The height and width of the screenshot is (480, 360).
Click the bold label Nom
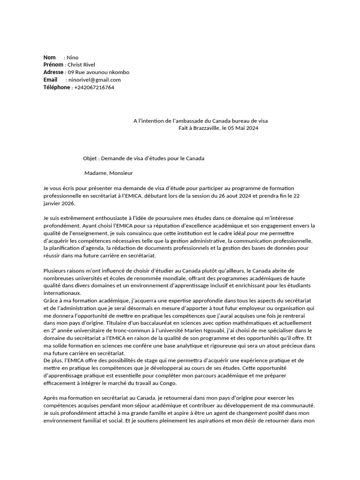(x=49, y=57)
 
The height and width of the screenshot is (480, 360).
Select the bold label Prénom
(x=53, y=65)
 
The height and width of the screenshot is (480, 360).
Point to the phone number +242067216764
(x=94, y=87)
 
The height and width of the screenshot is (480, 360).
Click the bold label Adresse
(x=53, y=72)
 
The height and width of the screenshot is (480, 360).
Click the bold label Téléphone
(x=57, y=87)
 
